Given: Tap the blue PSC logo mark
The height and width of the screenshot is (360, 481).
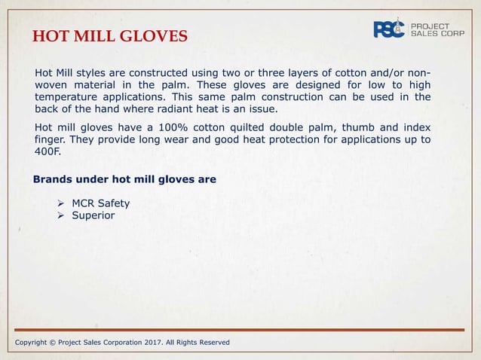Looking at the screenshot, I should [x=390, y=29].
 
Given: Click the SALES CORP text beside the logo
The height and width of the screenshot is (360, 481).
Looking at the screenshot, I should [x=438, y=34].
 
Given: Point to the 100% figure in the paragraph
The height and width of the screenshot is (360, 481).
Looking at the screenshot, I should [x=169, y=127].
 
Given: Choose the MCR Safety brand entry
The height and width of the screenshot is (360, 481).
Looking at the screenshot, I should [x=100, y=203].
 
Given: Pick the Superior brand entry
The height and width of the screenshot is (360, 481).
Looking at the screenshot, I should [x=93, y=216].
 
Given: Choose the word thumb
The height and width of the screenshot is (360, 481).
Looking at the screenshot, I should [x=372, y=127].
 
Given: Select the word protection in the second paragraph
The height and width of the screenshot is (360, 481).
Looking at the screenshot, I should [x=289, y=140].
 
